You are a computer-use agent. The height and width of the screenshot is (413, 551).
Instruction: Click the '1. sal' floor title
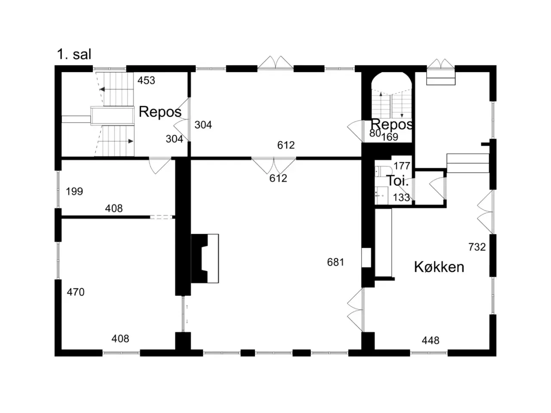tap(74, 54)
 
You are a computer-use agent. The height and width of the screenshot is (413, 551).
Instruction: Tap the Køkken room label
tap(439, 267)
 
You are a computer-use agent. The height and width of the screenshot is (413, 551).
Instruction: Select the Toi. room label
tap(398, 181)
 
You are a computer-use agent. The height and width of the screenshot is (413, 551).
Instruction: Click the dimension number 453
tap(146, 80)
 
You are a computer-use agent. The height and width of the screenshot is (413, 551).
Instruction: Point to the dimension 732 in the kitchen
tap(477, 247)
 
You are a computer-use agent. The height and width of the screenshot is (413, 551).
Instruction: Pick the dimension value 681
tap(336, 262)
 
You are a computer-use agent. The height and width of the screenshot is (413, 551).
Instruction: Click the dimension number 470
tap(76, 292)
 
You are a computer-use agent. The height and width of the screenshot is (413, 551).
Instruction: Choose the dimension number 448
tap(430, 341)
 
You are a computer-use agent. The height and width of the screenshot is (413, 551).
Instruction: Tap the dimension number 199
tap(74, 191)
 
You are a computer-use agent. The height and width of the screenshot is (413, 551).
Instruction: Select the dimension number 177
tap(402, 166)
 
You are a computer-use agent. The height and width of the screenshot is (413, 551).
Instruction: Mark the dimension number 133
tap(401, 197)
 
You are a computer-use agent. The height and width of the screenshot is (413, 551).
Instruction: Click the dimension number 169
tap(390, 137)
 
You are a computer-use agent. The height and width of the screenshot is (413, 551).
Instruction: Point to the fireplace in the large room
tap(205, 259)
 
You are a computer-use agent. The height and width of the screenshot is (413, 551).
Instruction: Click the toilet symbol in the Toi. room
tap(381, 171)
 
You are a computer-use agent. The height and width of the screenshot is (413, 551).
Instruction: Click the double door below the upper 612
tap(274, 166)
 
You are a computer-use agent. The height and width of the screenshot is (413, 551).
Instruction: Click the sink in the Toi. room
tap(381, 195)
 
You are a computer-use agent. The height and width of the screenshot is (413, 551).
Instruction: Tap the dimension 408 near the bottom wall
tap(120, 339)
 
